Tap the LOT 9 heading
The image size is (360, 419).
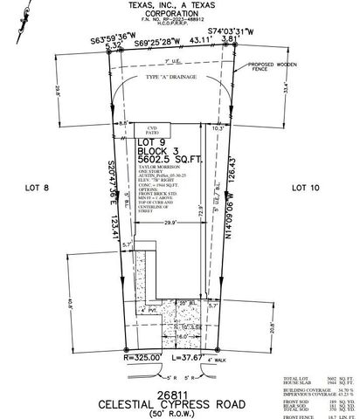(x=153, y=141)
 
